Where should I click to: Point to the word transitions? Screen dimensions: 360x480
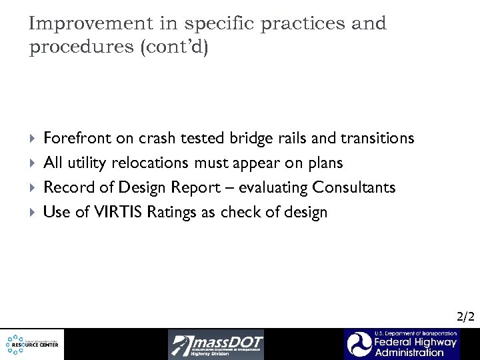click(377, 138)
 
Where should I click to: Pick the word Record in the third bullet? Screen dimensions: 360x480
click(67, 188)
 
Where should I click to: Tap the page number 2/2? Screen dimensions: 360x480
click(464, 317)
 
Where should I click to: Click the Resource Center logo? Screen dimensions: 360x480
click(32, 344)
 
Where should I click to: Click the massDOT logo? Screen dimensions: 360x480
click(215, 344)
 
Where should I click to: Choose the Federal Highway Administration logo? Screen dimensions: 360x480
click(401, 344)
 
